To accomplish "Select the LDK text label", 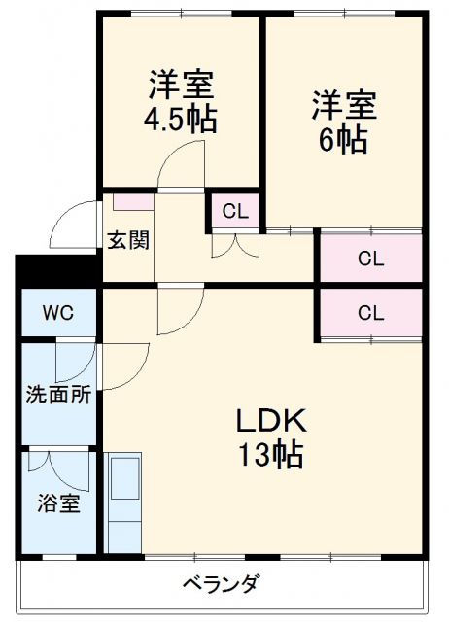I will (x=271, y=420).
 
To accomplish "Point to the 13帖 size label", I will (x=271, y=453).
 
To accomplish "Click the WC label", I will (x=55, y=315).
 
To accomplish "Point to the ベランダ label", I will (x=222, y=584).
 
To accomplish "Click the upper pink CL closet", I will (x=369, y=259).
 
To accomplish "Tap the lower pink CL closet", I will (x=369, y=313).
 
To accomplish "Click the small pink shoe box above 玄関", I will (x=132, y=202).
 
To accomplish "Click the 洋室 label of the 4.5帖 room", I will (x=181, y=86).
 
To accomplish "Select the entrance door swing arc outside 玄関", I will (x=76, y=222).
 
